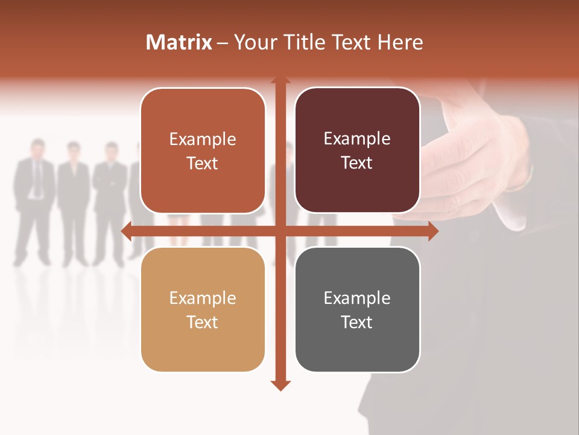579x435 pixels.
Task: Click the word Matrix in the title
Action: tap(179, 42)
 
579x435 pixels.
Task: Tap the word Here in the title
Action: tap(400, 42)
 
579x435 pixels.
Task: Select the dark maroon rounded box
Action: tap(357, 150)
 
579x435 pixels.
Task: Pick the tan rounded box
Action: tap(203, 309)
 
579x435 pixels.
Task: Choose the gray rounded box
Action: tap(357, 309)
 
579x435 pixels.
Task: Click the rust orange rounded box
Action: tap(203, 150)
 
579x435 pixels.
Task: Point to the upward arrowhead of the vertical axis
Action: tap(280, 80)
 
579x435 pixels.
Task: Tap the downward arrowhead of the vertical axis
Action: tap(280, 385)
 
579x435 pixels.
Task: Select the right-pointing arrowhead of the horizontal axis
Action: tap(432, 231)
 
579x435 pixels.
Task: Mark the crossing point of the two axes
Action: tap(280, 231)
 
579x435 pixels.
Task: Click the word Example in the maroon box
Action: tap(357, 138)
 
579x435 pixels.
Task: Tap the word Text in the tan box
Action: tap(203, 322)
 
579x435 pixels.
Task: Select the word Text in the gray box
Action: tap(357, 322)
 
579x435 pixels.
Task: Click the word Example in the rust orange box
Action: tap(203, 139)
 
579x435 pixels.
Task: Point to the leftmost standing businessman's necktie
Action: tap(38, 178)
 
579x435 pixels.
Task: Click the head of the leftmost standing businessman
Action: tap(38, 148)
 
